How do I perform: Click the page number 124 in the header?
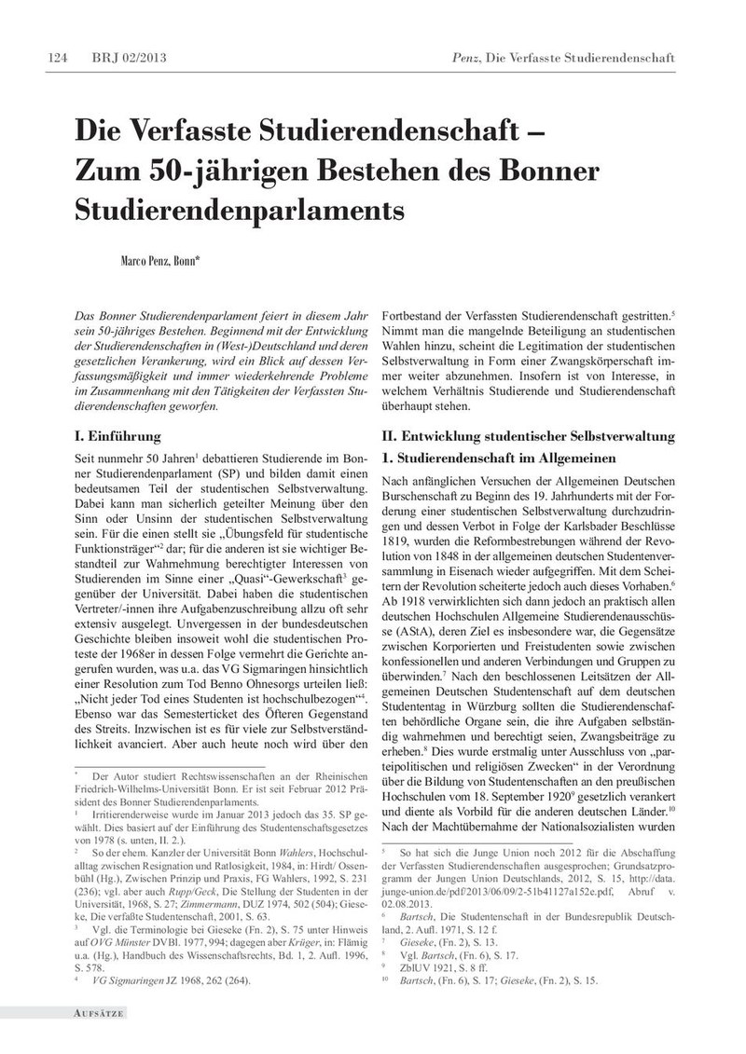point(56,59)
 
